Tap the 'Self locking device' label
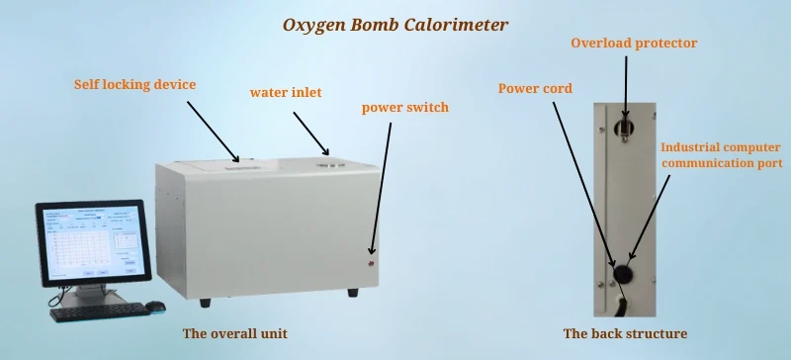point(134,84)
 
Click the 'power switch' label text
point(405,107)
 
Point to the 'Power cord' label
point(534,87)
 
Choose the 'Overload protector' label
point(634,44)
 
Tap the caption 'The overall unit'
point(235,332)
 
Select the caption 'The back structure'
point(625,333)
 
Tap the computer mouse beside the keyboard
point(155,307)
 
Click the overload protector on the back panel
point(625,127)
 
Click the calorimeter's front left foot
point(205,302)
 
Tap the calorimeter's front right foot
point(352,294)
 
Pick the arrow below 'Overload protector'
point(625,90)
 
